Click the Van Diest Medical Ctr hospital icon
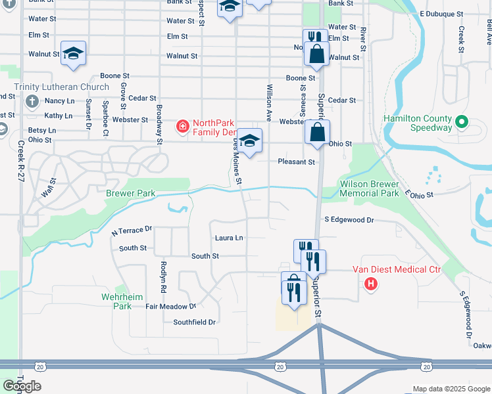click(x=372, y=284)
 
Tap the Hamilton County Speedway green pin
click(x=461, y=122)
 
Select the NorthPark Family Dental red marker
click(x=181, y=125)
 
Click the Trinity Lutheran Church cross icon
click(x=32, y=102)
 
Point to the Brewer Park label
click(x=130, y=194)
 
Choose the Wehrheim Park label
click(x=123, y=301)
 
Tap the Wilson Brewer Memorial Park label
click(x=369, y=189)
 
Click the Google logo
click(x=22, y=386)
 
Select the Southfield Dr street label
click(x=195, y=322)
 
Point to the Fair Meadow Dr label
click(x=171, y=306)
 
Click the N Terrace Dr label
click(x=132, y=230)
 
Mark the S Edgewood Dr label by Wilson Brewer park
click(x=349, y=221)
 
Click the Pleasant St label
click(x=297, y=162)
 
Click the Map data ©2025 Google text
click(x=450, y=389)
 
